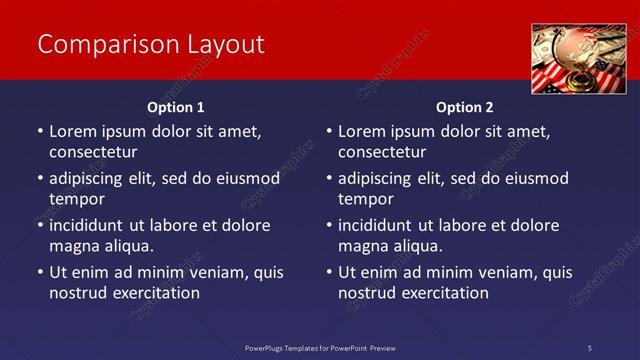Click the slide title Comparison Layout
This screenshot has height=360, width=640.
point(150,45)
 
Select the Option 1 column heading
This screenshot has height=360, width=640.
point(175,107)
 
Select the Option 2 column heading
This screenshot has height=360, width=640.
point(464,107)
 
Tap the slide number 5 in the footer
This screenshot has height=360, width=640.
point(589,347)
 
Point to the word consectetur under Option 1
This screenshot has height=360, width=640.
point(93,152)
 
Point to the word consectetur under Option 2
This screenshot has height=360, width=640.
point(382,152)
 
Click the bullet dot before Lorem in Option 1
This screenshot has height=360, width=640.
point(39,132)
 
